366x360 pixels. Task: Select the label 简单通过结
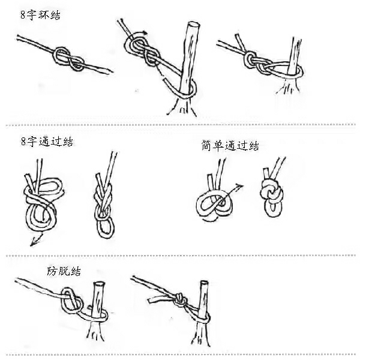(230, 145)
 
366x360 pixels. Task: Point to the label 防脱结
(64, 271)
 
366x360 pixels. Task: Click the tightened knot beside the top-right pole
(254, 59)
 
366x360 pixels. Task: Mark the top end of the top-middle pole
(192, 26)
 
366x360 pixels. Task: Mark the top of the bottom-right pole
(205, 284)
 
